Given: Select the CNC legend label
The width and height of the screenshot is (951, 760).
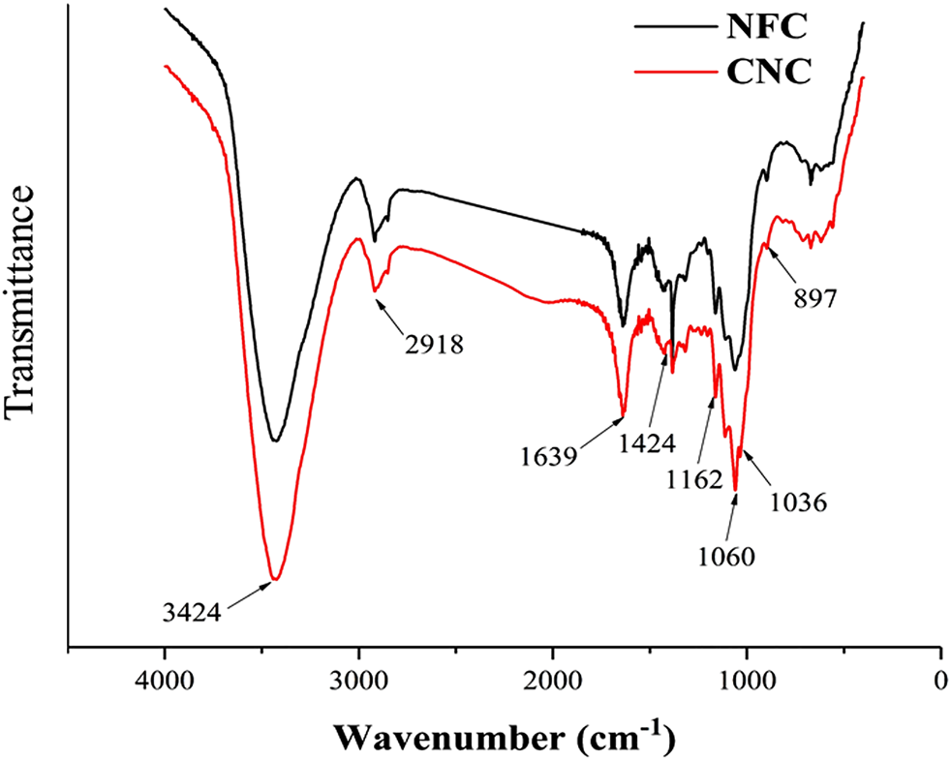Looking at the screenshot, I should click(768, 72).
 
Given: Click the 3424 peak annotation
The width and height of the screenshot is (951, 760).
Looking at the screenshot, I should click(192, 612).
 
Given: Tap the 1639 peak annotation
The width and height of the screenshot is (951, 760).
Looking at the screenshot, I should click(548, 453).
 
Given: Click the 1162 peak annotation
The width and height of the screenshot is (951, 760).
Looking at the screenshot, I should click(693, 478).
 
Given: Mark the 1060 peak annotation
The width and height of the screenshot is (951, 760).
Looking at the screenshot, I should click(724, 557).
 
